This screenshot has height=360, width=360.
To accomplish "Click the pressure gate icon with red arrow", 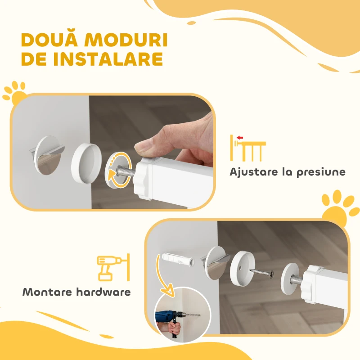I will click(x=247, y=148).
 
